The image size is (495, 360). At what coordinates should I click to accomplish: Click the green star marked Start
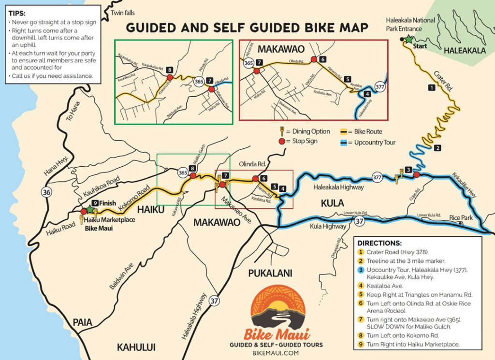click(x=408, y=39)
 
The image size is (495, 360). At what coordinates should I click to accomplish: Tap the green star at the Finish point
click(x=90, y=210)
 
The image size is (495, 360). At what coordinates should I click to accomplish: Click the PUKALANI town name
click(x=270, y=273)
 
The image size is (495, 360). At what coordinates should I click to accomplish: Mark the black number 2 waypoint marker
click(x=437, y=147)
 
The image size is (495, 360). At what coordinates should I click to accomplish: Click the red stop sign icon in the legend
click(x=281, y=142)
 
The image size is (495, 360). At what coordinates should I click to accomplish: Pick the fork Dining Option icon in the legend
click(x=281, y=131)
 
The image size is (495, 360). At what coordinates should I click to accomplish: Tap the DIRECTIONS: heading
click(x=379, y=243)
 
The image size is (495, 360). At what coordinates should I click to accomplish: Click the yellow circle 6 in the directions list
click(x=360, y=303)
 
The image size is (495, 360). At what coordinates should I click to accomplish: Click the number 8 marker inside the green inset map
click(x=169, y=71)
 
